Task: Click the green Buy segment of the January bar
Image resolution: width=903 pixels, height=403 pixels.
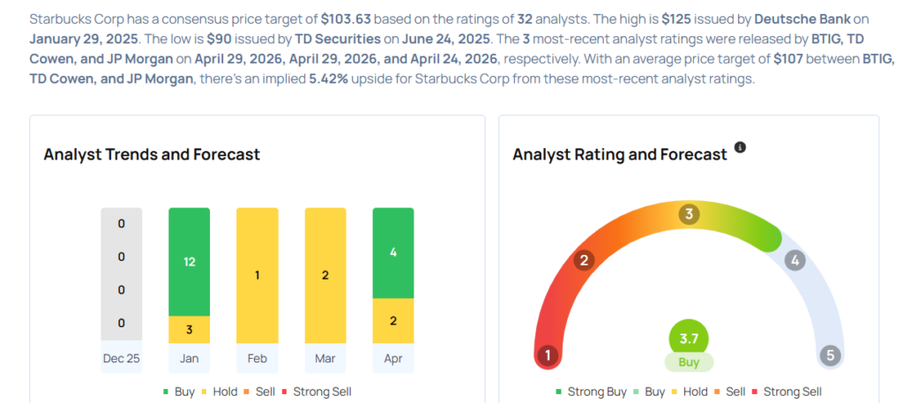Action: pos(189,262)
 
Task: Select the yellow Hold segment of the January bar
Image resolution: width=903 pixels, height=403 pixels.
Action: pos(189,329)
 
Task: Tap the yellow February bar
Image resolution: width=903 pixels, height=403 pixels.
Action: pos(257,274)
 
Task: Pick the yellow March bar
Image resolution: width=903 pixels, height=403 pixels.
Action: pos(325,274)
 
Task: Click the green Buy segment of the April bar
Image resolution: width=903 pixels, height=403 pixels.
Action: pos(393,253)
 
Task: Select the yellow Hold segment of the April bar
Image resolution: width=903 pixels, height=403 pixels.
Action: pos(393,320)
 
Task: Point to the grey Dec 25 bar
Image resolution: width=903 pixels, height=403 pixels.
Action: pos(121,274)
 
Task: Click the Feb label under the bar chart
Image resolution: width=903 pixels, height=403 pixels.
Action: pos(257,358)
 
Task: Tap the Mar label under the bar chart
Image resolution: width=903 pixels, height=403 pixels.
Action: pos(325,358)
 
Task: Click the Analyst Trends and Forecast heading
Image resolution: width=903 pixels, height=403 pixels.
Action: pos(152,154)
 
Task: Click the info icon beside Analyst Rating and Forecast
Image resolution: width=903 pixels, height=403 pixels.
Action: pos(740,147)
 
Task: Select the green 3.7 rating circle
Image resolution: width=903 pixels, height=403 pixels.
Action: pos(689,338)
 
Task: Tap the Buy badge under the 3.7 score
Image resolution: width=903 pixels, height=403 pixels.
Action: pos(689,362)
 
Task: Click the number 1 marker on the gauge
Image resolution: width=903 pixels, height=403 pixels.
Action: pos(548,356)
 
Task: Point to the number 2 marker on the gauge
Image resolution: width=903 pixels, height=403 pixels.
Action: pos(583,260)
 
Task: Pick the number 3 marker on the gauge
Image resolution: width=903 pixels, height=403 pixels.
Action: pos(689,214)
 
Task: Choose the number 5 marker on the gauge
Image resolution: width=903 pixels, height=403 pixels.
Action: pos(829,356)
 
